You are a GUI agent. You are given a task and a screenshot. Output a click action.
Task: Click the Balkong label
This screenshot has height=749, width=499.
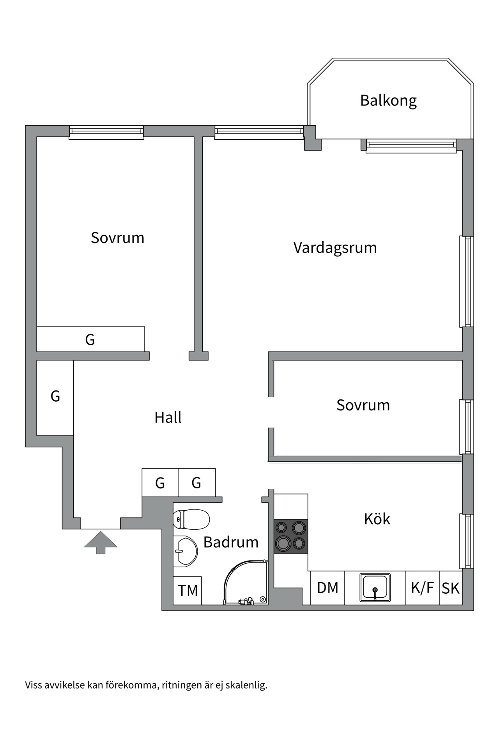tap(388, 101)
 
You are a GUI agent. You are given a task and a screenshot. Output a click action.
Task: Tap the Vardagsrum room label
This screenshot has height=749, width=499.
tap(335, 248)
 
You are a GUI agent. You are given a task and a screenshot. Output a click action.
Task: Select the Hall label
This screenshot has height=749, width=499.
tap(168, 417)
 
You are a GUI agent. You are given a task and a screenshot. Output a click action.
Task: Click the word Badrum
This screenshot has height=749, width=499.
tap(231, 542)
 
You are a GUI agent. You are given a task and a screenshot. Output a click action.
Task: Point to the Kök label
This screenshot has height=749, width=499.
tap(377, 519)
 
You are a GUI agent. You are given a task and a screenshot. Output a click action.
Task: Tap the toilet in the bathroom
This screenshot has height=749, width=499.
tap(192, 519)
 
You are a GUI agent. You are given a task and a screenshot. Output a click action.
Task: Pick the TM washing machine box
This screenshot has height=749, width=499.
tap(188, 591)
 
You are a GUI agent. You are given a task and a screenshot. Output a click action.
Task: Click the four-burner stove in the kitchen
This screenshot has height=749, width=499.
tap(291, 536)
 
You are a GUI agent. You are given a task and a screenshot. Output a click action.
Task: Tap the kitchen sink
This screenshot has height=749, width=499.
tap(375, 587)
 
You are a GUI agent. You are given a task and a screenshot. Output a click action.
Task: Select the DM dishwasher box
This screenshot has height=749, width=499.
tap(327, 588)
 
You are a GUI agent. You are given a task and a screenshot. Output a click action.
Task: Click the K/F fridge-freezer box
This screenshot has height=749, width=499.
tap(422, 588)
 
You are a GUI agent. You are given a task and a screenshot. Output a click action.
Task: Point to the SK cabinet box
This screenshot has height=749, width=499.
tap(451, 588)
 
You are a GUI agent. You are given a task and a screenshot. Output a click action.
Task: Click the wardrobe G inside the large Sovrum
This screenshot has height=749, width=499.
tap(90, 339)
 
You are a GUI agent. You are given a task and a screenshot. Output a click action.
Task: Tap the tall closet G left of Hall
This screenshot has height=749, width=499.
tap(55, 397)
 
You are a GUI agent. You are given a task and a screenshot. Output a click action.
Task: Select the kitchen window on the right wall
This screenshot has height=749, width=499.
tap(467, 541)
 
